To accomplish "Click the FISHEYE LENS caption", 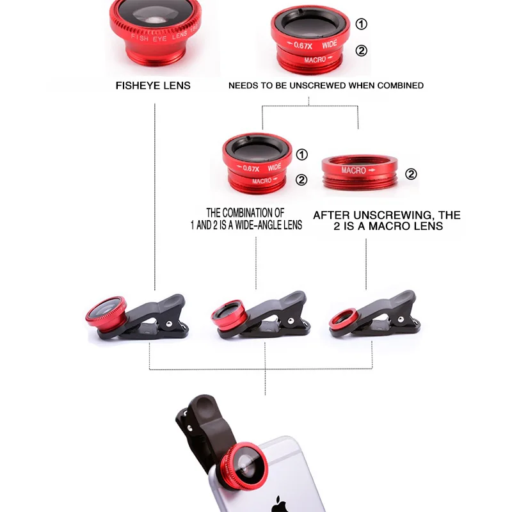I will point(153,85).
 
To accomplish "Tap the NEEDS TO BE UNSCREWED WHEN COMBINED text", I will point(326,85).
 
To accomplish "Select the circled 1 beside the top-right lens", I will point(362,24).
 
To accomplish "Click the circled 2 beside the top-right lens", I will point(362,51).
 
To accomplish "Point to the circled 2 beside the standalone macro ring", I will point(411,174).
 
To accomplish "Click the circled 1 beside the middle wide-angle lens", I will point(302,154).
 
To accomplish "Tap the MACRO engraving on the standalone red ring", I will point(354,171).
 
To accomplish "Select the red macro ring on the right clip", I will point(344,319).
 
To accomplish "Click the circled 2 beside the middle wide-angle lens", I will point(301,180).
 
